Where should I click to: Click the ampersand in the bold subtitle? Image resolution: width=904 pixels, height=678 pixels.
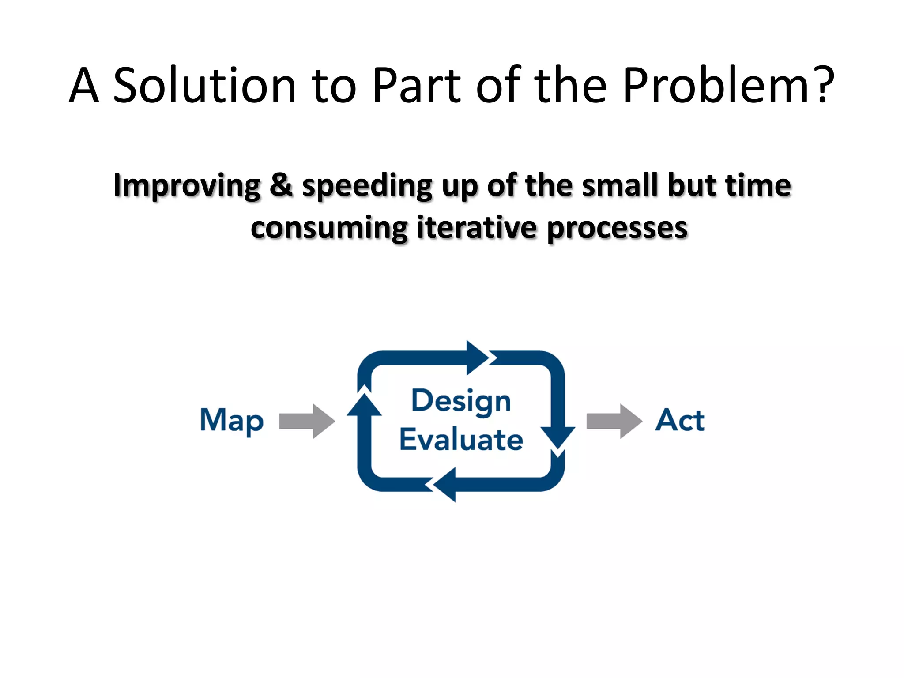(x=281, y=185)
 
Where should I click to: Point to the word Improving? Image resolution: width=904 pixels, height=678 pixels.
(x=187, y=186)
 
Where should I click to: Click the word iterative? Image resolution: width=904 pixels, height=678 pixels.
(x=477, y=228)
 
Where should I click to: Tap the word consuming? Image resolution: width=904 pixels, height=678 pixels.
(x=329, y=229)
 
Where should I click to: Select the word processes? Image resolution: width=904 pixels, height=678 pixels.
(x=617, y=229)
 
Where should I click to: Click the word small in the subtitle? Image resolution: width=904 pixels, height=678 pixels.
(x=619, y=185)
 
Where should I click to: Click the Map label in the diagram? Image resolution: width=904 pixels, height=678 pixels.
(x=232, y=420)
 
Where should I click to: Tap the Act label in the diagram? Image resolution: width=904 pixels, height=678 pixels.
(x=680, y=420)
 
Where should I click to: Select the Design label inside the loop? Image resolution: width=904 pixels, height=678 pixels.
(x=461, y=401)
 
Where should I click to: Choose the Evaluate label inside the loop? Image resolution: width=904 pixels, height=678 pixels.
(x=461, y=440)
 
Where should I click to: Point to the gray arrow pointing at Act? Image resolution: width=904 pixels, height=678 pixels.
(x=614, y=421)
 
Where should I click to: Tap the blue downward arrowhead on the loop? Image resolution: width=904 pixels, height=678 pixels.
(x=558, y=437)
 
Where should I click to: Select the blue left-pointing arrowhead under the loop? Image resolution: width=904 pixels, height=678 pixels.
(x=446, y=485)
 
